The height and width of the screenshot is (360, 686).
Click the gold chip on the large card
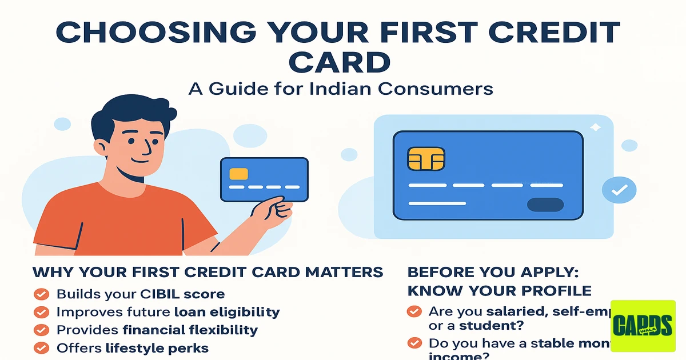coord(426,158)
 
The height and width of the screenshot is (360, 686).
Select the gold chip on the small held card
coord(238,174)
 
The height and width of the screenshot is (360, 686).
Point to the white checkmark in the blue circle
coord(619,190)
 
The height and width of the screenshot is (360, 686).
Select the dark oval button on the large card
coord(545,205)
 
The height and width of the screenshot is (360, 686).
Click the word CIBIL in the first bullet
coord(161,295)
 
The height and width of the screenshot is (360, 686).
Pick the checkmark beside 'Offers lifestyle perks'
coord(41,347)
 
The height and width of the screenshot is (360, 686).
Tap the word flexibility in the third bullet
coord(225,330)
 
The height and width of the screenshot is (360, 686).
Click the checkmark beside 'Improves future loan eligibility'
coord(41,312)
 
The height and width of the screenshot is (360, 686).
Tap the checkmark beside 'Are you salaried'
coord(414,312)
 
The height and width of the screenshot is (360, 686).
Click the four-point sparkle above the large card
coord(596,129)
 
